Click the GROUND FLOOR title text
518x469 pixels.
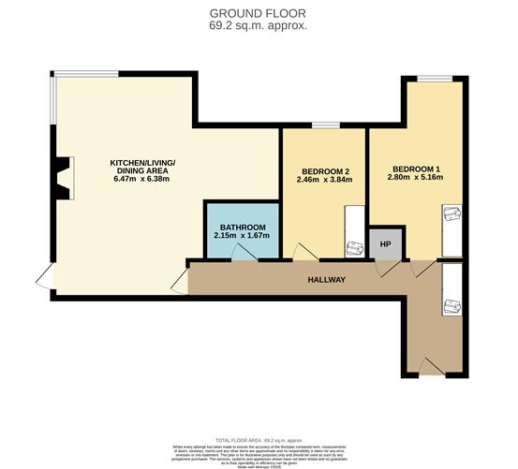point(259,12)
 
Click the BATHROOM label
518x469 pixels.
point(243,227)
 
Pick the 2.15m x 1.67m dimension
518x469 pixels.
point(243,236)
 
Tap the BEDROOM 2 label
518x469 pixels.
point(326,171)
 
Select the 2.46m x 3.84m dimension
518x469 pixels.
point(326,181)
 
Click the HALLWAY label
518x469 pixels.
point(328,280)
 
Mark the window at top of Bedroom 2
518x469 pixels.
point(325,125)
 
